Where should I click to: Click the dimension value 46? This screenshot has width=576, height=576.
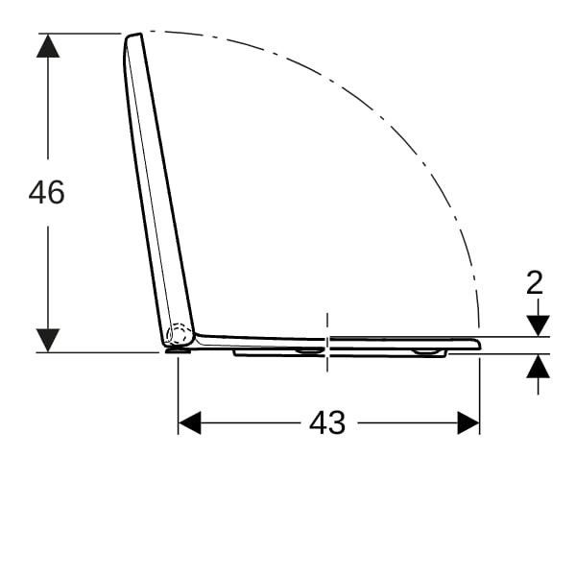47,192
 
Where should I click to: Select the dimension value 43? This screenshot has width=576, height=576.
327,422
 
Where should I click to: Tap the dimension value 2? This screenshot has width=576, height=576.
535,282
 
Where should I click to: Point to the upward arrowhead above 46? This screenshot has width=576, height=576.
48,46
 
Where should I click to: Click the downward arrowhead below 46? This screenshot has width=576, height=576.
48,340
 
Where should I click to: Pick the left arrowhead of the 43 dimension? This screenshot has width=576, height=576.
189,422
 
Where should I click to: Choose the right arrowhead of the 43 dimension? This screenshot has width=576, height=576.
468,422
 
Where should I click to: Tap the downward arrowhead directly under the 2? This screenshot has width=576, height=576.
539,325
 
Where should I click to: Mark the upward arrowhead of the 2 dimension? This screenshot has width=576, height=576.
539,366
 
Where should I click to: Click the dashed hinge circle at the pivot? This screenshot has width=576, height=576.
180,334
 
